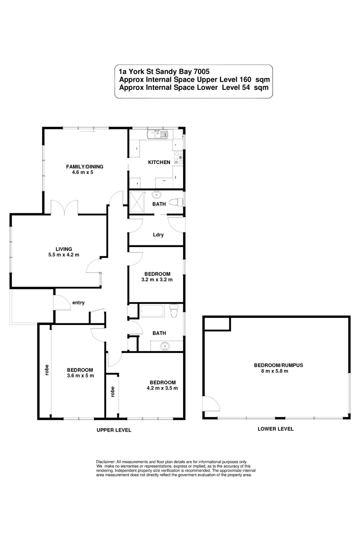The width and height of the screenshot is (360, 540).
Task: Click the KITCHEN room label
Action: (x=159, y=162)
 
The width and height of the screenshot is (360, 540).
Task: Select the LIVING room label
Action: (x=64, y=248)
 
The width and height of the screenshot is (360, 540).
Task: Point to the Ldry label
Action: (x=158, y=234)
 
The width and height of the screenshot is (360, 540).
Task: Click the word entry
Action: (x=78, y=302)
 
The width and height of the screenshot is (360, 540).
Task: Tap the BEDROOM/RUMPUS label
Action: (x=278, y=365)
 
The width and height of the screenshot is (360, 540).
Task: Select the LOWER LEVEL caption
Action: (x=275, y=428)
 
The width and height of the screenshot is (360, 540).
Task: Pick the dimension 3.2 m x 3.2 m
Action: (x=158, y=279)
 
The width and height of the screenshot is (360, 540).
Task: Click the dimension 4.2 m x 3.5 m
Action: (x=162, y=387)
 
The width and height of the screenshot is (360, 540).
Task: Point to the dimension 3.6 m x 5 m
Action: (x=80, y=375)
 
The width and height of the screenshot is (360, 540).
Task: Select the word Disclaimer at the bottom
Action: (x=105, y=461)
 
